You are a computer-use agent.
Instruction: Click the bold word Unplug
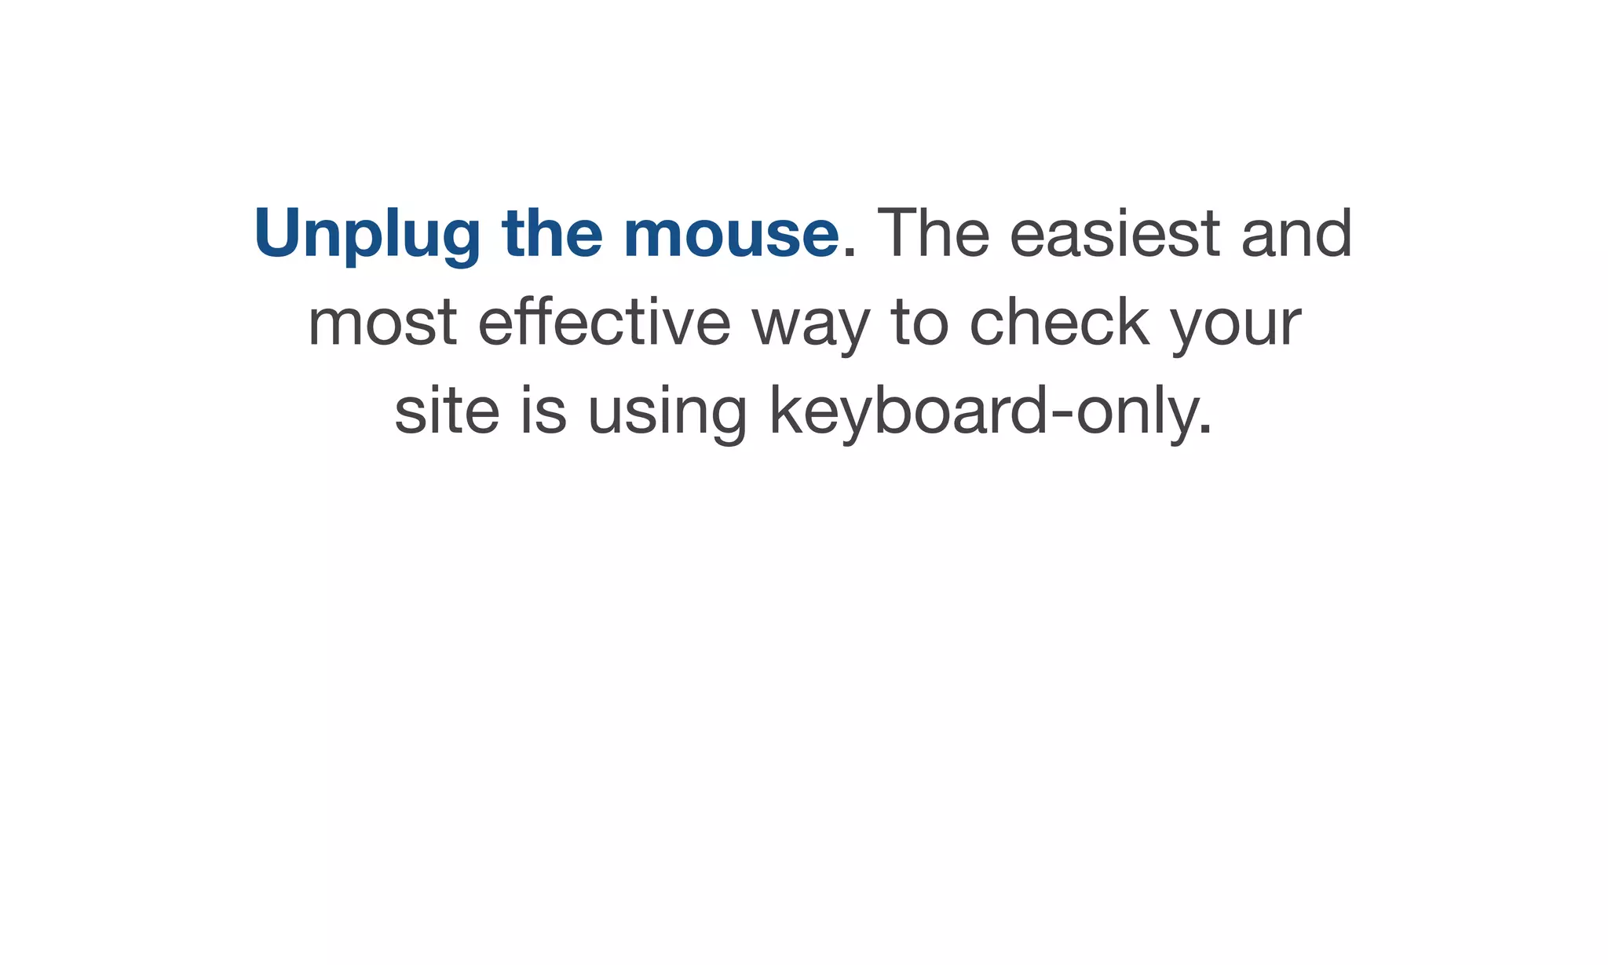pyautogui.click(x=367, y=234)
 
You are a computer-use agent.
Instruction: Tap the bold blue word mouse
pyautogui.click(x=731, y=234)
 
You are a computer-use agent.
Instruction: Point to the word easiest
pyautogui.click(x=1115, y=234)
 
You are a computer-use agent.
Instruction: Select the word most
pyautogui.click(x=382, y=323)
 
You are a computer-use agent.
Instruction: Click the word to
pyautogui.click(x=920, y=323)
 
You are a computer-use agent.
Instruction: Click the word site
pyautogui.click(x=447, y=411)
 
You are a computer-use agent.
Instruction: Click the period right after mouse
pyautogui.click(x=849, y=253)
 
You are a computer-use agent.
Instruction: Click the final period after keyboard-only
pyautogui.click(x=1206, y=431)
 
